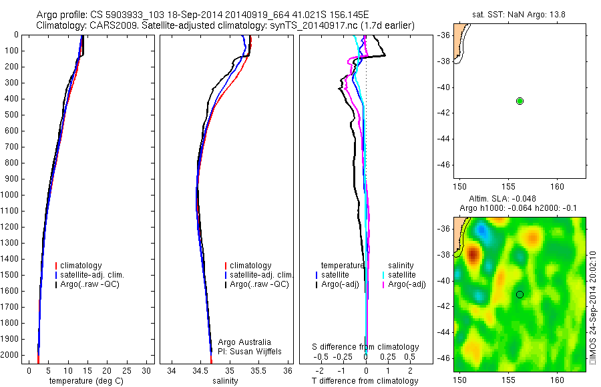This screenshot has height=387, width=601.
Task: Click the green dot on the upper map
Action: click(520, 101)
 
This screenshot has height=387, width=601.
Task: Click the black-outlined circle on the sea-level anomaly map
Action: click(520, 294)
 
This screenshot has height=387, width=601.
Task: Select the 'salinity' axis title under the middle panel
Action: click(224, 381)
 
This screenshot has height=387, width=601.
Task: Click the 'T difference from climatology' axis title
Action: click(365, 381)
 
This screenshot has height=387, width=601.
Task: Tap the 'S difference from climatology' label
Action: click(366, 347)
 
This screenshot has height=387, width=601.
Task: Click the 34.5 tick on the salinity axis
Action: click(200, 370)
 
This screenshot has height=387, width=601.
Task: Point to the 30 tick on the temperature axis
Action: click(146, 370)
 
